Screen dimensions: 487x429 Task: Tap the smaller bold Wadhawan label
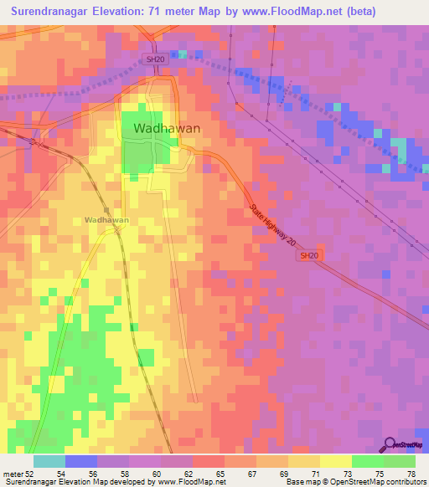coord(106,220)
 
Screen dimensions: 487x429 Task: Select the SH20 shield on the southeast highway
coord(308,256)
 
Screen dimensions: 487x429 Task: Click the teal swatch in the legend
coord(49,461)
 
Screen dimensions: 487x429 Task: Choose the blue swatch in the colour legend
coord(80,461)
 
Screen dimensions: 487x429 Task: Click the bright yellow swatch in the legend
coord(335,461)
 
